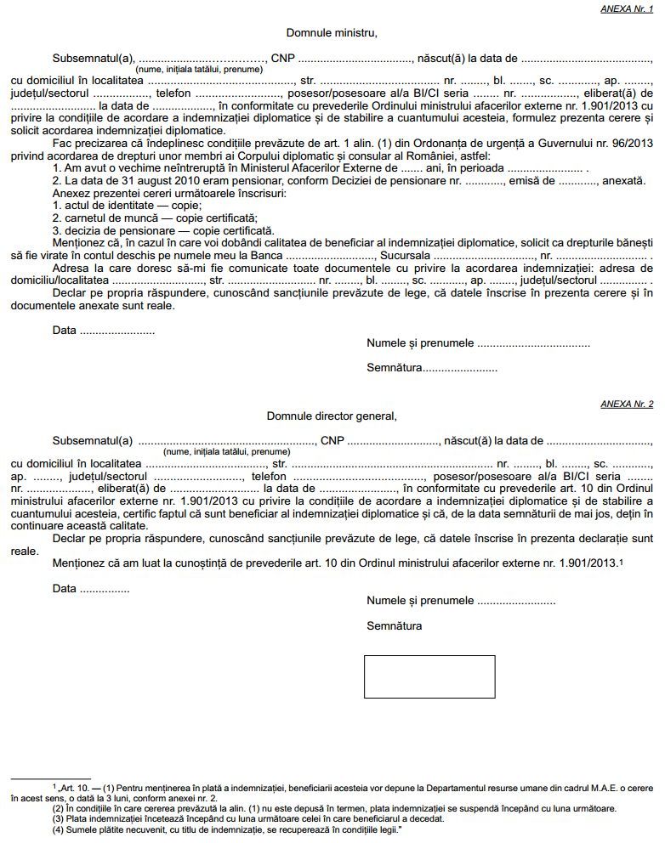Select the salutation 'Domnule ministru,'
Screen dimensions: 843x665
(x=331, y=33)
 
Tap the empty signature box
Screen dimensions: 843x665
(x=429, y=676)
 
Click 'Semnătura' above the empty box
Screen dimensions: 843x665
(x=395, y=626)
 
